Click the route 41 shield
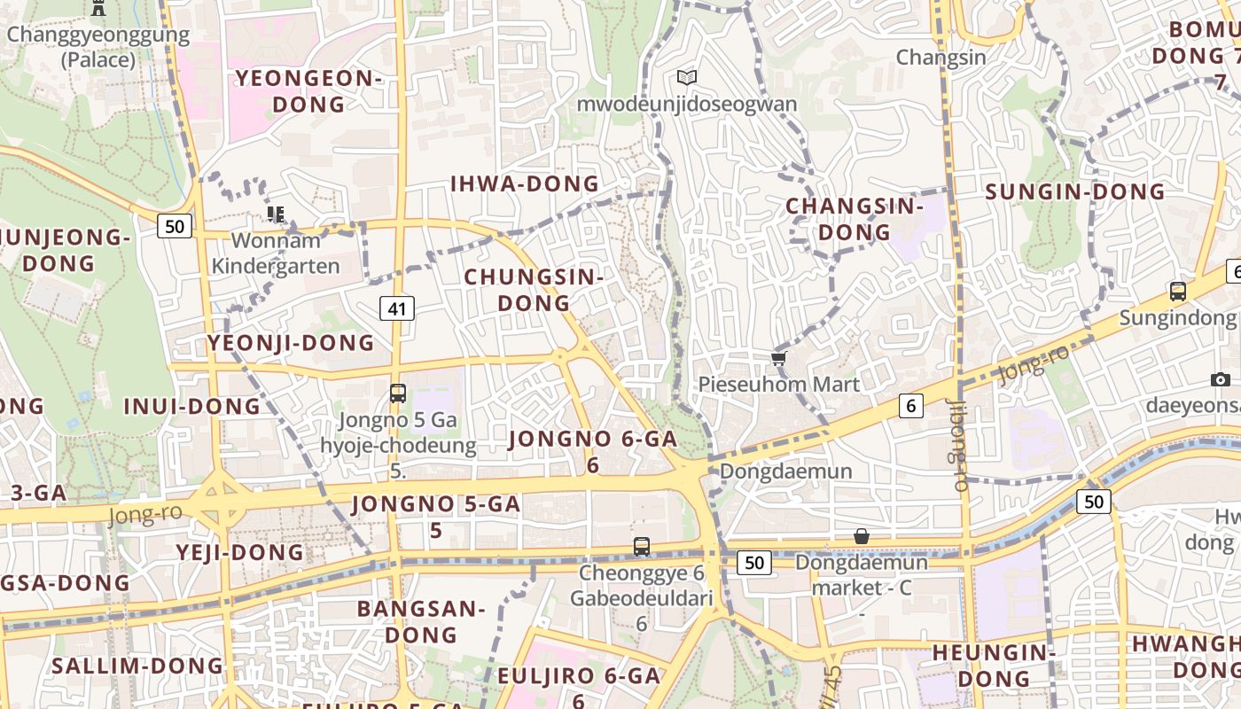(x=397, y=308)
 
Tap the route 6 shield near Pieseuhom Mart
(x=910, y=406)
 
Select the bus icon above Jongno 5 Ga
(x=398, y=393)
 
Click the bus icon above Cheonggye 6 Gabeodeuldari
(x=642, y=547)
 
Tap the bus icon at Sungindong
(x=1177, y=291)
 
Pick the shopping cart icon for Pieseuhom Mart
(x=778, y=359)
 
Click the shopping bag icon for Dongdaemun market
(x=861, y=536)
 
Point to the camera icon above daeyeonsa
(x=1221, y=380)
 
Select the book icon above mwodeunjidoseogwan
(x=686, y=78)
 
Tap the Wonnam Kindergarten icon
(x=276, y=214)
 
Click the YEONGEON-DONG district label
(x=308, y=91)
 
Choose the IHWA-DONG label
(x=525, y=184)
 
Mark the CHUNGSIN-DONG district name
(x=534, y=290)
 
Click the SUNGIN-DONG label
(x=1074, y=191)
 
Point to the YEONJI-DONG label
(x=291, y=343)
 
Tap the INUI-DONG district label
(x=191, y=407)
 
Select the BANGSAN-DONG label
(x=421, y=622)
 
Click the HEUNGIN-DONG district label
(x=993, y=666)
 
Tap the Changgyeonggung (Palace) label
(x=98, y=48)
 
